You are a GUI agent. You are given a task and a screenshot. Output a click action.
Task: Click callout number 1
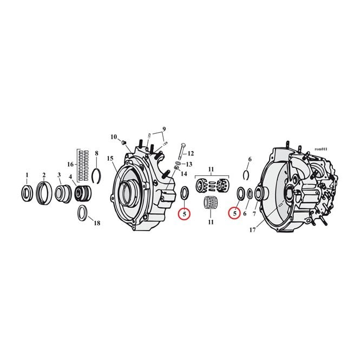pyautogui.click(x=27, y=175)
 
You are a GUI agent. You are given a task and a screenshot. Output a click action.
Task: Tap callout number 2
pyautogui.click(x=44, y=175)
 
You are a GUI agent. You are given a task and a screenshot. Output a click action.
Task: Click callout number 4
pyautogui.click(x=70, y=177)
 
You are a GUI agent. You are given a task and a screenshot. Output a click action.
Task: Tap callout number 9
pyautogui.click(x=164, y=129)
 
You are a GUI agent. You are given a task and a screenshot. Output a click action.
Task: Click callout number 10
pyautogui.click(x=114, y=137)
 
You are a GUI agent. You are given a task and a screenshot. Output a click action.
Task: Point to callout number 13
pyautogui.click(x=189, y=165)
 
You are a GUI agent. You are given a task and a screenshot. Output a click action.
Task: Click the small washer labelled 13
pyautogui.click(x=179, y=163)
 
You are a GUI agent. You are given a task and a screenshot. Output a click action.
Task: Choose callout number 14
pyautogui.click(x=184, y=174)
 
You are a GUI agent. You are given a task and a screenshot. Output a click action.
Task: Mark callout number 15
pyautogui.click(x=110, y=158)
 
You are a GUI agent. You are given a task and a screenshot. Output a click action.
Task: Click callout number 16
pyautogui.click(x=70, y=164)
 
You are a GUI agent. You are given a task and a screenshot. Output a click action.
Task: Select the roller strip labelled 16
pyautogui.click(x=82, y=165)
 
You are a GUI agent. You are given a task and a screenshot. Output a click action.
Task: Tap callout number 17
pyautogui.click(x=253, y=230)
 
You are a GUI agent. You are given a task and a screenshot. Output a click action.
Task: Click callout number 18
pyautogui.click(x=97, y=223)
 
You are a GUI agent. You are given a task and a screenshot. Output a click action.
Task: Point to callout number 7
pyautogui.click(x=254, y=214)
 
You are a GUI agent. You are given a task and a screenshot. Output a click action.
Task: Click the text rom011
pyautogui.click(x=321, y=149)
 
